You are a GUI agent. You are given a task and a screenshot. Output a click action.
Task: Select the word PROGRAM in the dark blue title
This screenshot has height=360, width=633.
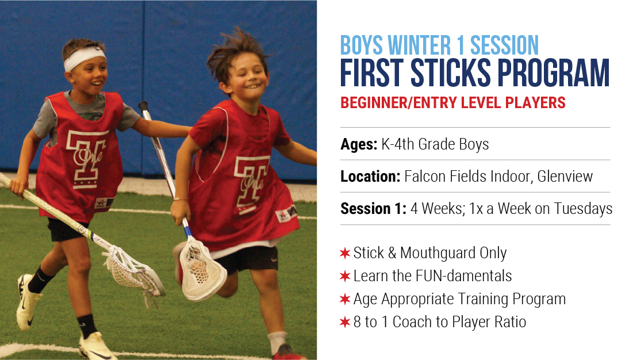[553, 73]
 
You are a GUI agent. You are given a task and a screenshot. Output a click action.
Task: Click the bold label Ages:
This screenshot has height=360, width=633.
[359, 145]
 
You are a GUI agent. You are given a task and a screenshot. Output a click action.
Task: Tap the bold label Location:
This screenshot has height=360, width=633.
[371, 177]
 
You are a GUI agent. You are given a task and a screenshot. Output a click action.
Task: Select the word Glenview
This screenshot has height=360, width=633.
[565, 177]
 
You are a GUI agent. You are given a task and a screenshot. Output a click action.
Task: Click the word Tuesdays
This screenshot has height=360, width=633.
[583, 209]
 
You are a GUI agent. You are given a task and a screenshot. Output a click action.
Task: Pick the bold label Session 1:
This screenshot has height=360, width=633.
[374, 209]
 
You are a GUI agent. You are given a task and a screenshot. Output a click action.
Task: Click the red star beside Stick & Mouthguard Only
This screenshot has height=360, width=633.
[345, 253]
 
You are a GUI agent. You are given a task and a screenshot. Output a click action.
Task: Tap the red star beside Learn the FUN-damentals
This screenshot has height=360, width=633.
[345, 276]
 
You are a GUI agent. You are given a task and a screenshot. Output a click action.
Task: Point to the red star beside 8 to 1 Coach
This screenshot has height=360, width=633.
[345, 322]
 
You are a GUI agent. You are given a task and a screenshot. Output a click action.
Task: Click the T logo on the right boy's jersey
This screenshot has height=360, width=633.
[251, 184]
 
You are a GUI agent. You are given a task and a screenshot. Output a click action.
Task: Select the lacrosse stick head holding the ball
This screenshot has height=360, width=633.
[201, 269]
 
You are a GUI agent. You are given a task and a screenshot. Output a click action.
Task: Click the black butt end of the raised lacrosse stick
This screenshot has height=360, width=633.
[144, 108]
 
